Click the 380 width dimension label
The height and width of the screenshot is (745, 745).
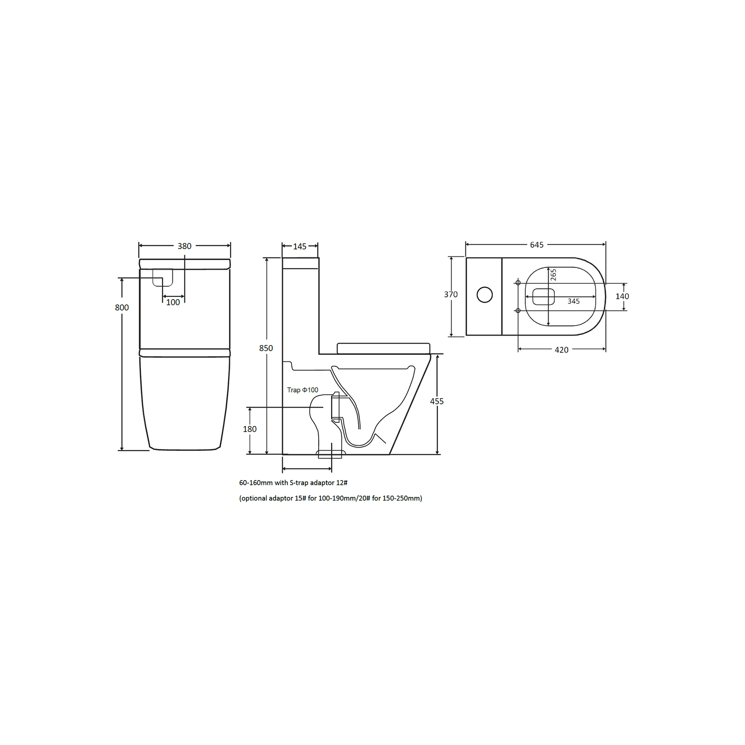tap(184, 246)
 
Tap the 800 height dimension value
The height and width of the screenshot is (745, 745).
tap(122, 307)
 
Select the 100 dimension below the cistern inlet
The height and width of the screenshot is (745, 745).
tap(173, 302)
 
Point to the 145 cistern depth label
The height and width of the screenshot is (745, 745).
tap(300, 246)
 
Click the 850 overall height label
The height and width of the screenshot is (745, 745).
tap(266, 348)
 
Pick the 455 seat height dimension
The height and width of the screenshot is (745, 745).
tap(437, 401)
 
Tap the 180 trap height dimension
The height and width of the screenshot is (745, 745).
tap(249, 429)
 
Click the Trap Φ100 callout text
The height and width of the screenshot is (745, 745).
tap(303, 390)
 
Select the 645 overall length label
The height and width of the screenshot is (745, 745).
tap(537, 245)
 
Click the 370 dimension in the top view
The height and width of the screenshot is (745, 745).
tap(451, 294)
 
